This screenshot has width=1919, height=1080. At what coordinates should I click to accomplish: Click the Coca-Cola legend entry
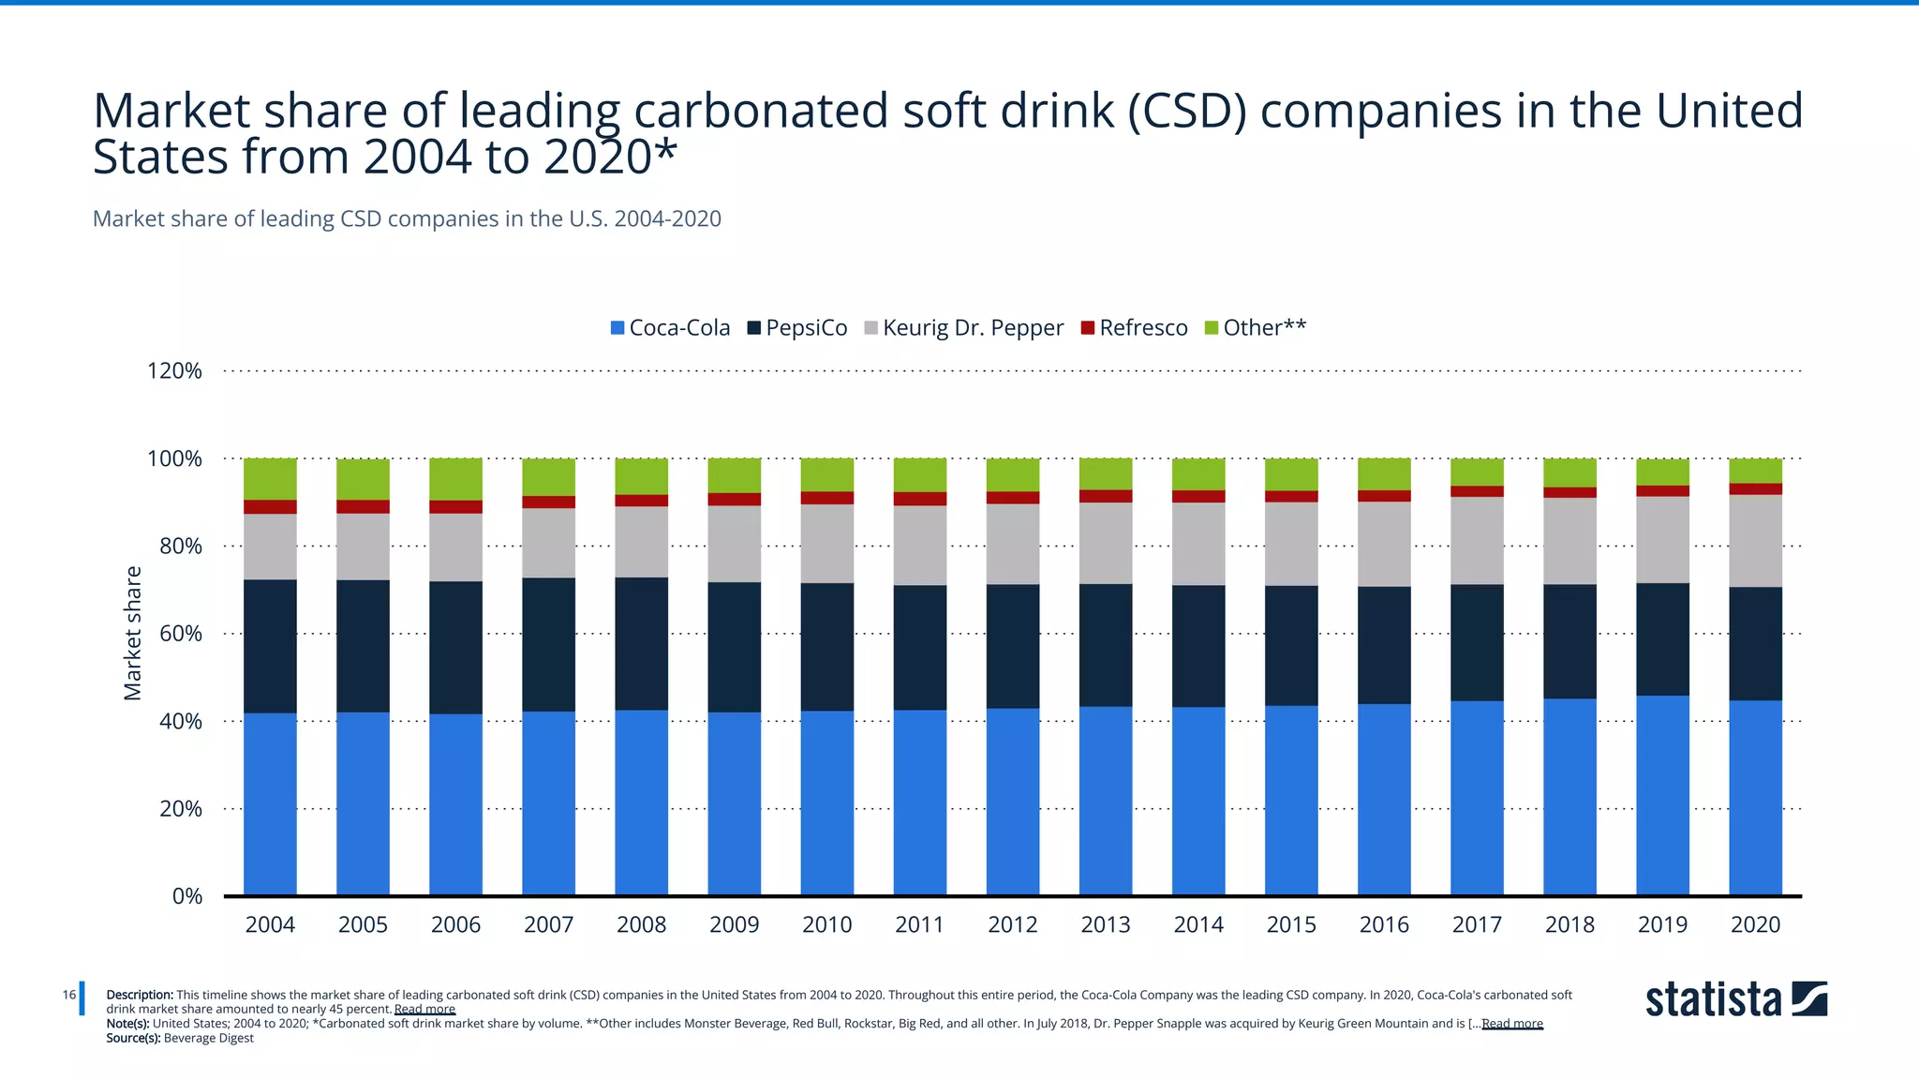click(x=670, y=327)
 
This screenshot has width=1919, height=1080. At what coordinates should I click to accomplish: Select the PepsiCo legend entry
click(x=797, y=327)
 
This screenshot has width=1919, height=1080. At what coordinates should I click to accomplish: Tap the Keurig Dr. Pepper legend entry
click(x=964, y=327)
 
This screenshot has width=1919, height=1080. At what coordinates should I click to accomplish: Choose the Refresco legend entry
click(x=1135, y=327)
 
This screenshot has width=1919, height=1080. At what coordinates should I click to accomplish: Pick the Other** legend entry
click(x=1256, y=327)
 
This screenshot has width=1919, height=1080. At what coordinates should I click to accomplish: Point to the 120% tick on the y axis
click(x=174, y=371)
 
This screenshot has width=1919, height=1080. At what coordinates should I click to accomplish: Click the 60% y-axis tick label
click(x=180, y=634)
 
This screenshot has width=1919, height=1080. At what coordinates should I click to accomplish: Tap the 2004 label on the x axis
click(x=270, y=924)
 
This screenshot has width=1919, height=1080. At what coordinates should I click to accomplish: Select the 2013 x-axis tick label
click(x=1106, y=924)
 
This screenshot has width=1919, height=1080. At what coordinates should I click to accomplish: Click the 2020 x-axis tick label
click(x=1755, y=924)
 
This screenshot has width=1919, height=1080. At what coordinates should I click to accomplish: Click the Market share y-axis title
click(x=133, y=633)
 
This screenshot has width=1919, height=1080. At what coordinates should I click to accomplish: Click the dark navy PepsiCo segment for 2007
click(x=548, y=644)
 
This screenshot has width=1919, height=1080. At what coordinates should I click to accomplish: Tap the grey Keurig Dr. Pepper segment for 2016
click(x=1384, y=544)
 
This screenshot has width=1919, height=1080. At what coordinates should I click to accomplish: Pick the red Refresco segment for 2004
click(x=270, y=506)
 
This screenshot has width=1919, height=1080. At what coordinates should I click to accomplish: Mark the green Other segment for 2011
click(x=919, y=474)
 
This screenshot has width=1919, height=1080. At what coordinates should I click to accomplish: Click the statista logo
click(x=1735, y=999)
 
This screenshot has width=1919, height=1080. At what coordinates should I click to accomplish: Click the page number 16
click(x=69, y=995)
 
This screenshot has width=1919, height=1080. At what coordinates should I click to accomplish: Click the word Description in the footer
click(x=140, y=995)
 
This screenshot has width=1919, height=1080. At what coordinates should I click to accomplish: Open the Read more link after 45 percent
click(x=424, y=1010)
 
